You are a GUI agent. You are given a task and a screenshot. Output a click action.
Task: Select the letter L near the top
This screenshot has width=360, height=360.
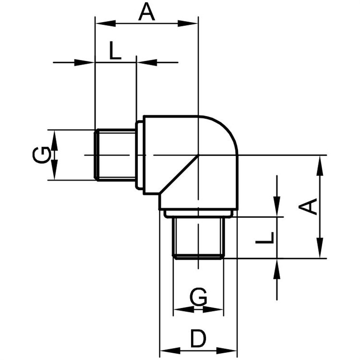point(115,50)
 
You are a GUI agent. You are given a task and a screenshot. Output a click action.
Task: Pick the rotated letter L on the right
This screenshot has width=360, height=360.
point(265,238)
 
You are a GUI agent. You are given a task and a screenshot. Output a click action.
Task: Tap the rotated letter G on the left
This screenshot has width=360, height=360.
point(42,155)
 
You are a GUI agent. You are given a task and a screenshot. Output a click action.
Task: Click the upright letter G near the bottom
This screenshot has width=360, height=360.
point(198,297)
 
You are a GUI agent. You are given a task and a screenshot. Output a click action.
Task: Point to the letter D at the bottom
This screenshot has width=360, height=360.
point(199,338)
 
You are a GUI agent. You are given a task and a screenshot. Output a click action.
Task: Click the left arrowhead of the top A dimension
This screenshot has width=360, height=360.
point(106,24)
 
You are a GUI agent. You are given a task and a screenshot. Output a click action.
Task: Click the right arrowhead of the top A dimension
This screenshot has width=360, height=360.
point(188,24)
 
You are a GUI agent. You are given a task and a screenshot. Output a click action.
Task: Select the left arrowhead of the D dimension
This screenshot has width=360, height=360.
point(170,350)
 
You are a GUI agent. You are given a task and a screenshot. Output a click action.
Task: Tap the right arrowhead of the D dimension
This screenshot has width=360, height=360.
point(227,350)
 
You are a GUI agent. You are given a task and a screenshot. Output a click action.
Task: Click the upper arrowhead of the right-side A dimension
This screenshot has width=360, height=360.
point(320,166)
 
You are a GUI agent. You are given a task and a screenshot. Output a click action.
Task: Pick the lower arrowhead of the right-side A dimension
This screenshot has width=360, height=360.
point(320,248)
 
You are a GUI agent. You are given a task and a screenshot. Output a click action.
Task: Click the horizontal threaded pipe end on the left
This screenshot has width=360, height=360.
point(115,155)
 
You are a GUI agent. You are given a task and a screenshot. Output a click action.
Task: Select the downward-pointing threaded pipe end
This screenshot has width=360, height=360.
point(199,238)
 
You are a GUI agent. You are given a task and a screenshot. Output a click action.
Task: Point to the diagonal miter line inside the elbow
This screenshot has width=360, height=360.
point(179,175)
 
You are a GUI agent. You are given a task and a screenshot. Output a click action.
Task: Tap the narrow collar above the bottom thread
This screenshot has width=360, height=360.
point(199,214)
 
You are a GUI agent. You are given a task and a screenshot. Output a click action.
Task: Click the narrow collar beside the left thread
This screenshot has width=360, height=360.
point(140,155)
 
